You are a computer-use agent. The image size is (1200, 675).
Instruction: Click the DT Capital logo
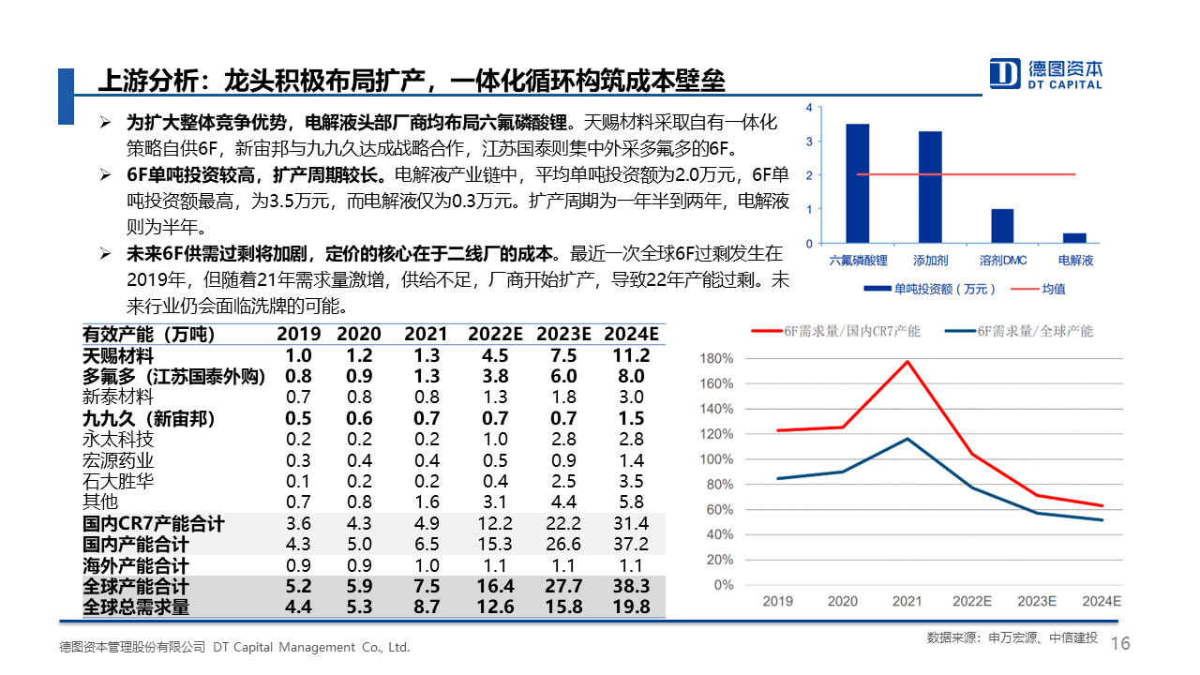(x=1046, y=73)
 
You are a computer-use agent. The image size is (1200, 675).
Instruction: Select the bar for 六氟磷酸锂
(x=857, y=183)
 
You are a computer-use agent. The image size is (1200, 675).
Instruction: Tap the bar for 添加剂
(x=930, y=187)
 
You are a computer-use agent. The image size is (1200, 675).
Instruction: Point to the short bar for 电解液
(x=1074, y=238)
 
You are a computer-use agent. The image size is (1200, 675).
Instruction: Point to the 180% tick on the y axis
(x=716, y=358)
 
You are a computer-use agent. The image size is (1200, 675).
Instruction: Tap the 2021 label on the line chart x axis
(x=907, y=601)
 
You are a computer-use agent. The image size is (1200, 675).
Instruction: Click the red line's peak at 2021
(x=907, y=361)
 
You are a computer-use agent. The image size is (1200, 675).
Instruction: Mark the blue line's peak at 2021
(x=907, y=439)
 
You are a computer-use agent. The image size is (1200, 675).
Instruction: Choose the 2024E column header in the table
(x=631, y=334)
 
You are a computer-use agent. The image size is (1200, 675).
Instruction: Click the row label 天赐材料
(x=118, y=355)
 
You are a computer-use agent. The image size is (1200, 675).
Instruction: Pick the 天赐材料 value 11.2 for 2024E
(x=631, y=355)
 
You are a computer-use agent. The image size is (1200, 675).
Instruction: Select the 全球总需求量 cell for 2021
(x=427, y=607)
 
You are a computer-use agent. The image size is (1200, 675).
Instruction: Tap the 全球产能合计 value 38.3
(x=631, y=587)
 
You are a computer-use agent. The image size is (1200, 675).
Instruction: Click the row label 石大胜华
(x=118, y=481)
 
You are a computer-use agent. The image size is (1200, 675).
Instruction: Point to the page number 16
(x=1120, y=643)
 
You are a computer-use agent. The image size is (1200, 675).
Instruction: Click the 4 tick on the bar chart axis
(x=808, y=109)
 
